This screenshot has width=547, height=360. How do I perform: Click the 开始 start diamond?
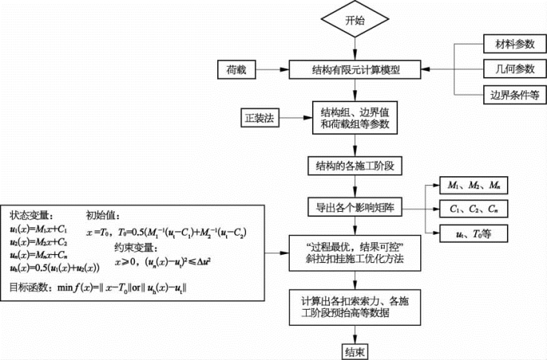click(355, 21)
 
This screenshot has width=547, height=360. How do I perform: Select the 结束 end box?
click(355, 350)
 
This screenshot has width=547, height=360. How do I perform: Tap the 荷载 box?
click(236, 70)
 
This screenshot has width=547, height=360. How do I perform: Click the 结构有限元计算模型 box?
click(355, 70)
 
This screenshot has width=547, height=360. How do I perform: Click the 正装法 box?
click(259, 117)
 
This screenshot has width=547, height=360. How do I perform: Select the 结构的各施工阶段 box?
click(355, 164)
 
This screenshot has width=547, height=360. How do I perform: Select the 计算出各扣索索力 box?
click(355, 306)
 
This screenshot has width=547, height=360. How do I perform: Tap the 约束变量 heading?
click(136, 249)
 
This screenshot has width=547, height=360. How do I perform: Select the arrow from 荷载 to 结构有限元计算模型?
click(273, 70)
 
